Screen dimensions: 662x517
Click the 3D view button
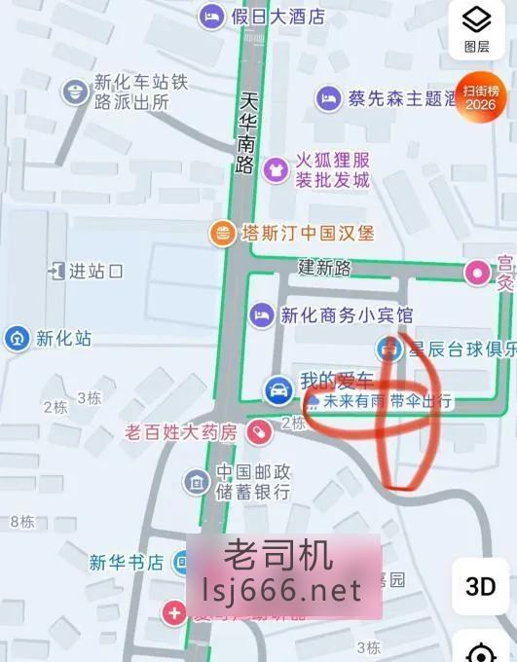[x=480, y=586]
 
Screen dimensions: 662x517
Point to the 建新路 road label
[x=324, y=267]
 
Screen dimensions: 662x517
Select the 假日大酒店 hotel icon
[x=211, y=16]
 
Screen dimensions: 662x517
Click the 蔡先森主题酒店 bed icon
[x=328, y=97]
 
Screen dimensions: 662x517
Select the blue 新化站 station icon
[x=17, y=339]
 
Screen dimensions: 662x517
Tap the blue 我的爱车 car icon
[x=277, y=390]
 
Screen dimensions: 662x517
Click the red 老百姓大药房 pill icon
[x=257, y=430]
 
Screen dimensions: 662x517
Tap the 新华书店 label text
[x=126, y=562]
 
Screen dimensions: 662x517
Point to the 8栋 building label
[x=21, y=521]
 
